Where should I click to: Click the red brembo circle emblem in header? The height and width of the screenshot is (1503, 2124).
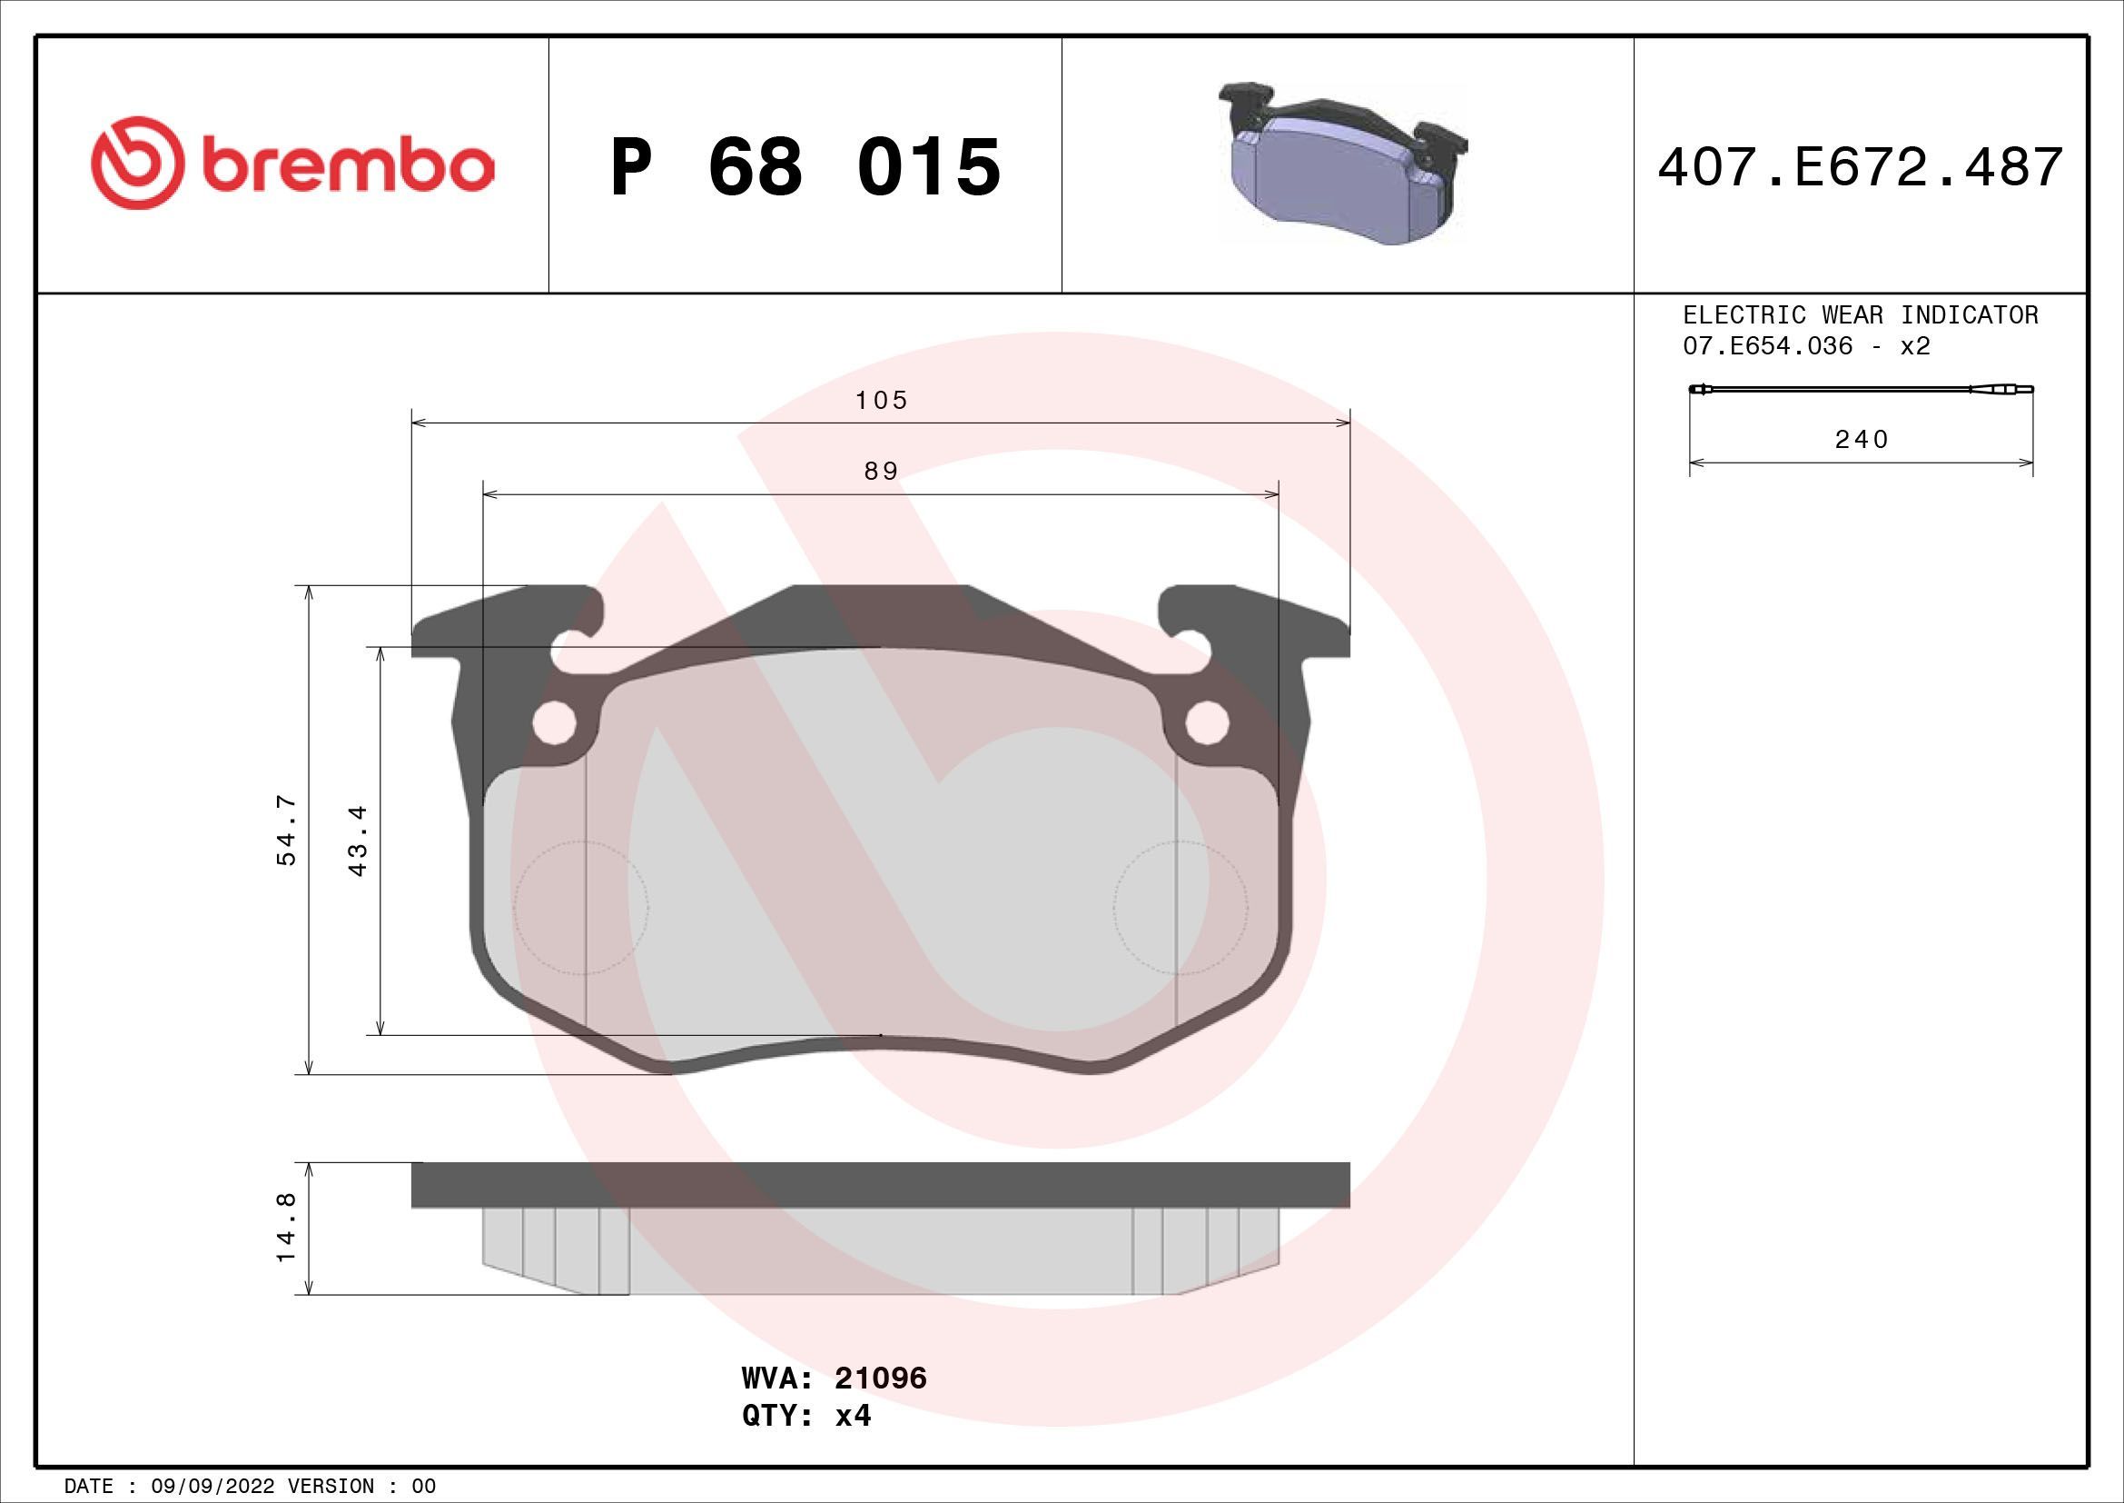point(133,163)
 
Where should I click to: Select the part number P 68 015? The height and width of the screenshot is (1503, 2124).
point(805,167)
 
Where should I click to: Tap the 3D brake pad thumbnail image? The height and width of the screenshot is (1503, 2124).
point(1346,164)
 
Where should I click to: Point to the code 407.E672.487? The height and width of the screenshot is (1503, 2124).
point(1860,167)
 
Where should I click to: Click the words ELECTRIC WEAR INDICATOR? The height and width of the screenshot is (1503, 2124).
point(1860,315)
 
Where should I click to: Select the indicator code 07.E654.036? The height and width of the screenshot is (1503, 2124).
point(1768,347)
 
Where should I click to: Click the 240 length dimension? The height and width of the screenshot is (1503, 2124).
point(1861,440)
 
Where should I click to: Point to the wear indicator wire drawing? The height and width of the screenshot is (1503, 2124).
point(1861,390)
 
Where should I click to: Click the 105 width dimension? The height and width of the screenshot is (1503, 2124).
point(882,401)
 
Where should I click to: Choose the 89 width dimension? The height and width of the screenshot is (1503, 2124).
point(881,472)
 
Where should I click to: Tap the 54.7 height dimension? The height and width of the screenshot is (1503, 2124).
point(287,830)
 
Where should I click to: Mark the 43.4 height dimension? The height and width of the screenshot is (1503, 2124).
point(359,840)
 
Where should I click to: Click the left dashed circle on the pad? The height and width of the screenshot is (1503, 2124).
point(581,908)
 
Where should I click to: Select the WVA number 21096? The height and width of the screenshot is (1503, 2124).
point(880,1404)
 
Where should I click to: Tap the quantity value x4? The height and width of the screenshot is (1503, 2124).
point(853,1441)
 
